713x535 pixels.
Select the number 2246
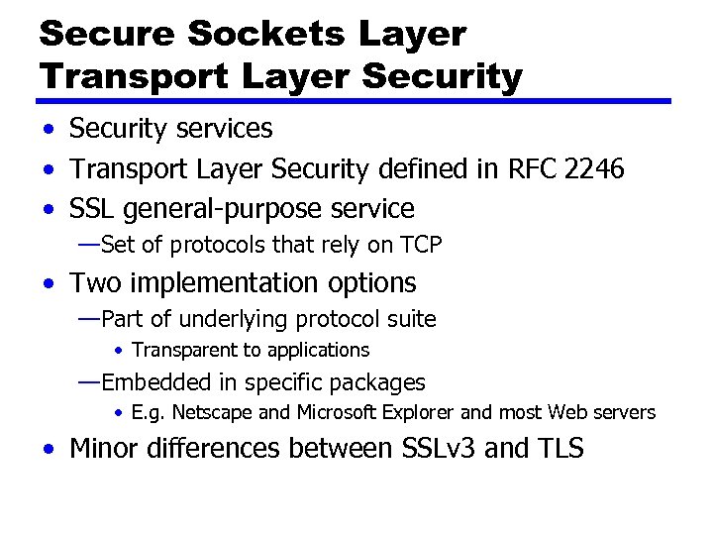click(x=593, y=169)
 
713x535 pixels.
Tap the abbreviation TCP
click(x=421, y=245)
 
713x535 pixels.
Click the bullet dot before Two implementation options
click(x=49, y=283)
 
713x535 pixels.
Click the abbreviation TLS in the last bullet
click(x=560, y=449)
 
